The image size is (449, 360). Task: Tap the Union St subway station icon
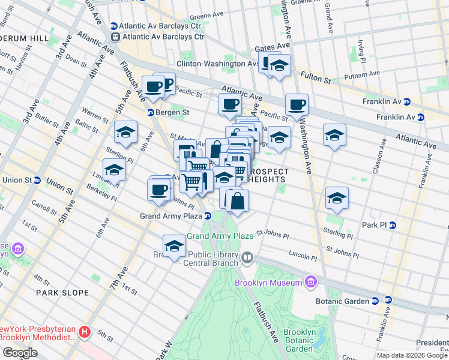coord(37,180)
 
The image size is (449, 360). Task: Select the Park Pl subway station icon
coord(392,225)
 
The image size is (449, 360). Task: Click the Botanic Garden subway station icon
coord(388,300)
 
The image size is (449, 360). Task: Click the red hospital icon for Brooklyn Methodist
coord(85,331)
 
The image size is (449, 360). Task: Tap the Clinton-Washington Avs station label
coord(218,63)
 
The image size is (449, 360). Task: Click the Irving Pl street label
coord(361,47)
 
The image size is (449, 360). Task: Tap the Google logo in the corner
coord(19,353)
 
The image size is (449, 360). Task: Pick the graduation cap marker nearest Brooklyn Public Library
coord(175,247)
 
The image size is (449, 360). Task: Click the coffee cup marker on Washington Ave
coord(297,105)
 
